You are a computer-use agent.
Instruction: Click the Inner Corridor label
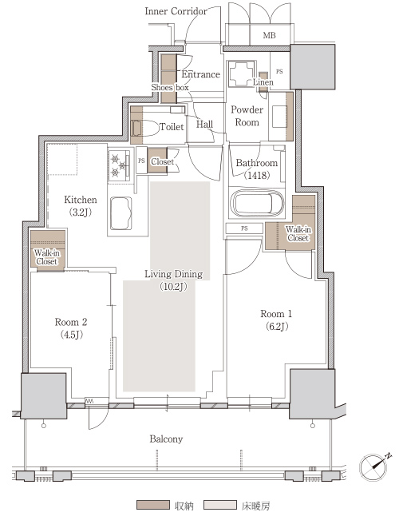click(176, 11)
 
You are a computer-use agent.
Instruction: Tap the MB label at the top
click(269, 35)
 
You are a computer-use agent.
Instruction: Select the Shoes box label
click(170, 87)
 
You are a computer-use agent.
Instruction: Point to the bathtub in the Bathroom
click(257, 203)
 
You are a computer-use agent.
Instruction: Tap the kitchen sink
click(120, 213)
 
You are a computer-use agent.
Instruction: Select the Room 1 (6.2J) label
click(276, 320)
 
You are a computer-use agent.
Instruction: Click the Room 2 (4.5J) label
click(71, 328)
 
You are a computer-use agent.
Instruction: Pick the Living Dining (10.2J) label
click(174, 280)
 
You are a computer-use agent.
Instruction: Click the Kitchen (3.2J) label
click(81, 206)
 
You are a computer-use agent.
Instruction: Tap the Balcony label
click(166, 439)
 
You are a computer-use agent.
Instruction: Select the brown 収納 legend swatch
click(153, 505)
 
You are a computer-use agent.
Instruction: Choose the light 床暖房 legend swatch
click(220, 505)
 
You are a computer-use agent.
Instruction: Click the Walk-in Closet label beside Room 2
click(47, 257)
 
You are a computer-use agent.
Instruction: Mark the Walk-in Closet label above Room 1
click(298, 234)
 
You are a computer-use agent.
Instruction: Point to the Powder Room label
click(247, 116)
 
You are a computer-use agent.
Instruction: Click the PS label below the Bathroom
click(244, 228)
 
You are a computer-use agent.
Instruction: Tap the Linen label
click(263, 82)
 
